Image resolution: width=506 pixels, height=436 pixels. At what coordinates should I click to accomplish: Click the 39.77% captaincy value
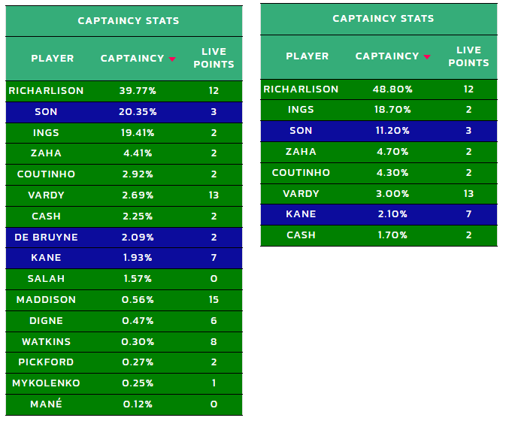(x=138, y=91)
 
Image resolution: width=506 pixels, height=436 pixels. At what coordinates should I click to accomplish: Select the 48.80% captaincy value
(x=392, y=89)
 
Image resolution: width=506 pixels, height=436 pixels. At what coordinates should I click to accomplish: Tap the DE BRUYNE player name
(x=46, y=238)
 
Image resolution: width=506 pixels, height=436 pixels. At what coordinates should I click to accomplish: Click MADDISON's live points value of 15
(x=214, y=299)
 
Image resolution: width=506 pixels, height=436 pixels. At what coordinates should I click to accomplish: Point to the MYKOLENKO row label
(x=46, y=383)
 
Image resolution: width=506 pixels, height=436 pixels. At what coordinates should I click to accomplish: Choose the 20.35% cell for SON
(x=138, y=112)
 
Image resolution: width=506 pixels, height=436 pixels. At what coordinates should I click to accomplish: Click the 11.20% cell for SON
(x=392, y=130)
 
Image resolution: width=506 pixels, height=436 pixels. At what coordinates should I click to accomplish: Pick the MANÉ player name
(x=46, y=404)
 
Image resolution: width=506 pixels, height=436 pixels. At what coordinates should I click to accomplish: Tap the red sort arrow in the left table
(x=172, y=59)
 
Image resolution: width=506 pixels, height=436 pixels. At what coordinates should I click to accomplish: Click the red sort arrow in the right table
(x=427, y=57)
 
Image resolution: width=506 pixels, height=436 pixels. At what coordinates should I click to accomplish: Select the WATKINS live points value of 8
(x=214, y=341)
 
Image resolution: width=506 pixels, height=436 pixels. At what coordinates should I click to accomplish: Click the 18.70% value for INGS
(x=392, y=110)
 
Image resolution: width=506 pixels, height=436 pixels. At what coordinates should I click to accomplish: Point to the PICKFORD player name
(x=46, y=362)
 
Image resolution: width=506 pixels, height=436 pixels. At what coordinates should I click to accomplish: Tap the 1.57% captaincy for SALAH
(x=138, y=278)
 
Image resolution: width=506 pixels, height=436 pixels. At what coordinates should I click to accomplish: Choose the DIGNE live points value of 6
(x=214, y=320)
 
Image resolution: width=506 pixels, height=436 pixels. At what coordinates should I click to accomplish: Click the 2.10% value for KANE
(x=392, y=214)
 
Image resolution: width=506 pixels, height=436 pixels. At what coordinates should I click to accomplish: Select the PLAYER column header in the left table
(x=53, y=59)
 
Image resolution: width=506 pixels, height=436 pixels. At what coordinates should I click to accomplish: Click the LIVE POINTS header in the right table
(x=468, y=56)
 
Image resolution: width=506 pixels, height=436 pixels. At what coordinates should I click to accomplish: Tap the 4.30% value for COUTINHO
(x=392, y=173)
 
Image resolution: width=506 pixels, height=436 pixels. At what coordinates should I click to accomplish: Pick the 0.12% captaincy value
(x=138, y=404)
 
